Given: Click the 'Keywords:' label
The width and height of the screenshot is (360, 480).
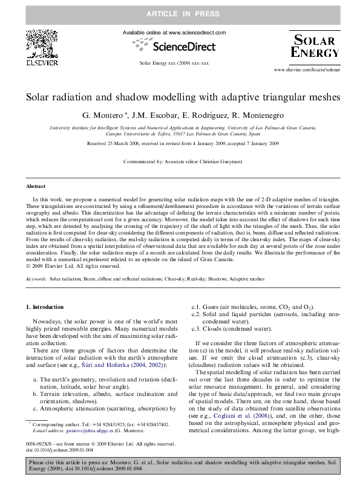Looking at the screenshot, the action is pyautogui.click(x=36, y=280).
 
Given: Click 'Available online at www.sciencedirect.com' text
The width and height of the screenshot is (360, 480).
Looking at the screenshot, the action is pyautogui.click(x=174, y=32).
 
